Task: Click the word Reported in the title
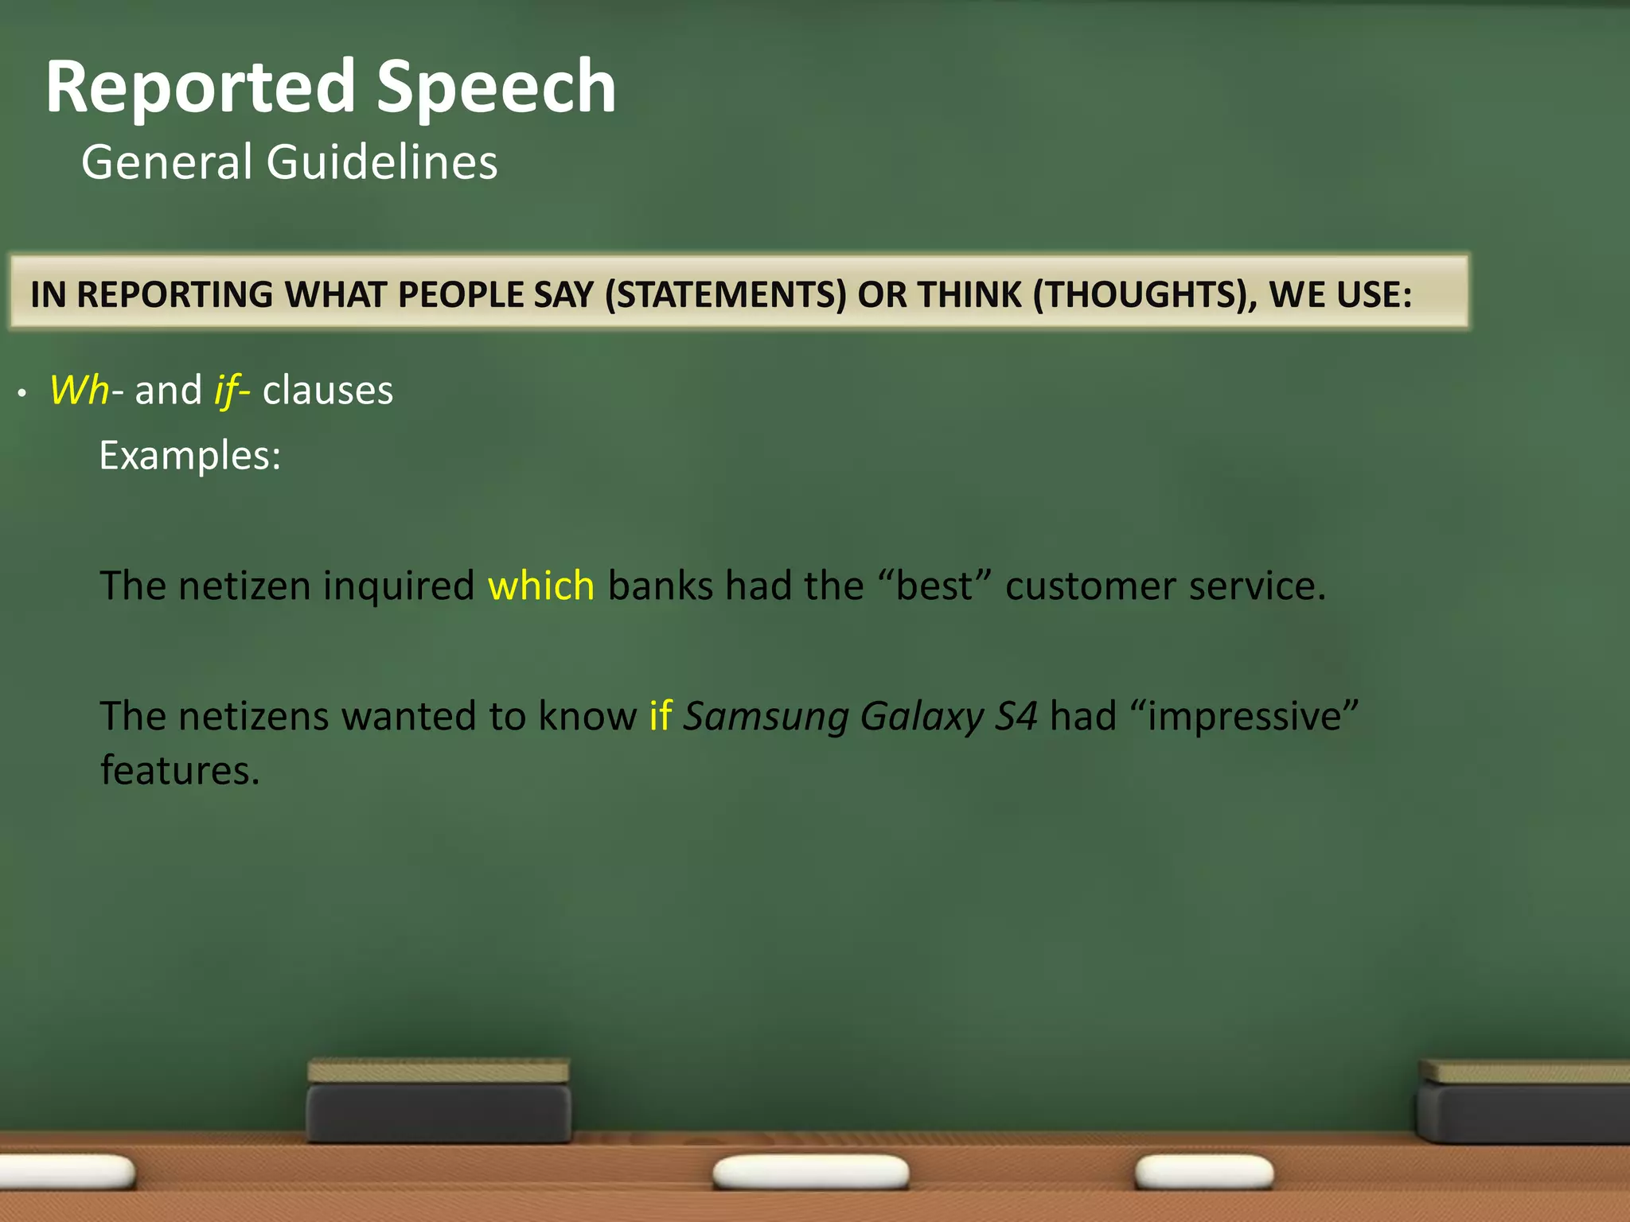click(x=200, y=88)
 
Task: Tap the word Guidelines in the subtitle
click(x=382, y=162)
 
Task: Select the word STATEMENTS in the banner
click(x=725, y=295)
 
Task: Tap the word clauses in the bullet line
click(x=328, y=391)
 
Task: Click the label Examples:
click(x=190, y=456)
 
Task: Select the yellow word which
click(x=541, y=586)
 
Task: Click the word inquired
click(x=399, y=586)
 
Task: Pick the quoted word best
click(x=935, y=586)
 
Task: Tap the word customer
click(x=1090, y=586)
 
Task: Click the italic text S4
click(x=1016, y=717)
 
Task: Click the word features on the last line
click(x=180, y=771)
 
